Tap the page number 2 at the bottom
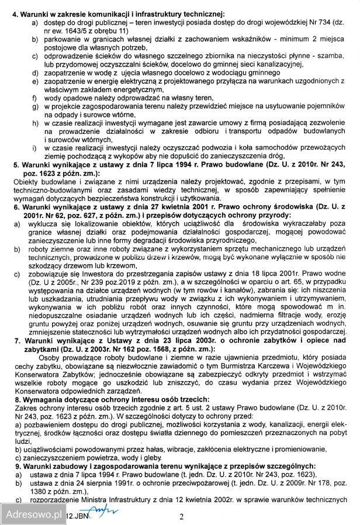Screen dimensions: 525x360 click(181, 516)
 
